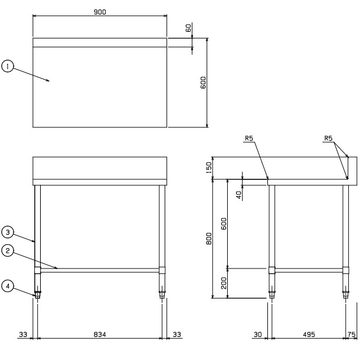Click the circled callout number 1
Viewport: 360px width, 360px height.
tap(8, 66)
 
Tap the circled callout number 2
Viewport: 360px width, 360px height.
tap(8, 250)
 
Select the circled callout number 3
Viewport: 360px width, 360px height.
tap(8, 232)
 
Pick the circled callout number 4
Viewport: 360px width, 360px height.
tap(8, 286)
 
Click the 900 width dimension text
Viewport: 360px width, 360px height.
tap(100, 12)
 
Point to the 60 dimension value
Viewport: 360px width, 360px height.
tap(188, 28)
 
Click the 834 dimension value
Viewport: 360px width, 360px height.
tap(100, 335)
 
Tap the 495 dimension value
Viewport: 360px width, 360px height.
tap(309, 335)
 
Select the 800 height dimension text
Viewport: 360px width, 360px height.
tap(209, 238)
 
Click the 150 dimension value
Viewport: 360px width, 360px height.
tap(209, 168)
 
